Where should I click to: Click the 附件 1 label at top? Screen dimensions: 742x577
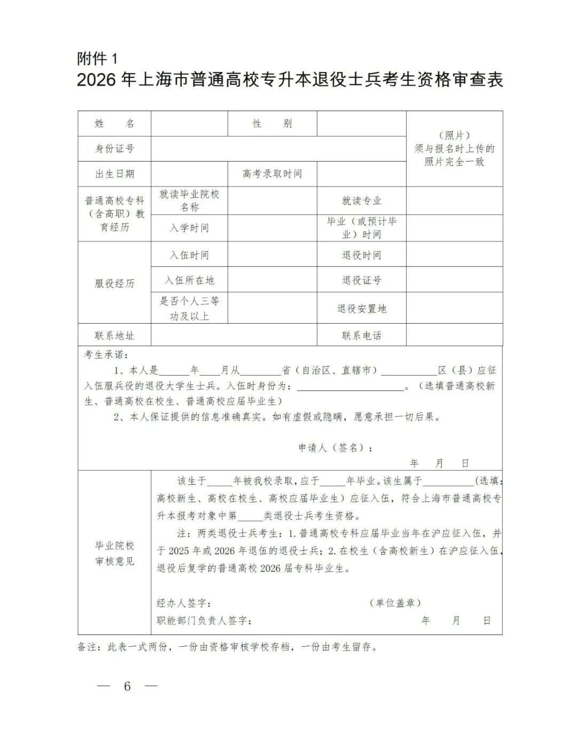(97, 58)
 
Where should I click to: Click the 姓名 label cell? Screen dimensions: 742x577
(114, 124)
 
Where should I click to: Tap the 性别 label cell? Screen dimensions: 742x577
(272, 124)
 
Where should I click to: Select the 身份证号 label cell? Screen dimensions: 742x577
(114, 149)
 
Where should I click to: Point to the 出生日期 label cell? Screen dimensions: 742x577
(114, 174)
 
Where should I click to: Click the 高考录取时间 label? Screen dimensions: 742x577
(272, 174)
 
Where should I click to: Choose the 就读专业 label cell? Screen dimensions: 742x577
(362, 201)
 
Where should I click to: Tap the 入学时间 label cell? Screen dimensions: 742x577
(189, 228)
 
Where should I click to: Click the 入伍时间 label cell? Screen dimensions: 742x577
(189, 255)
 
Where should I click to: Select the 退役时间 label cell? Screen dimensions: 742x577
(362, 255)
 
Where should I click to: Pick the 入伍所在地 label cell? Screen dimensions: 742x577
(189, 280)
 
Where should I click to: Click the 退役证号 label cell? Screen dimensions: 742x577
(362, 280)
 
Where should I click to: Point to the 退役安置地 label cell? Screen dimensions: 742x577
(362, 309)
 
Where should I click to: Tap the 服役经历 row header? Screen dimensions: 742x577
(114, 284)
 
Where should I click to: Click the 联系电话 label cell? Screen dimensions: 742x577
(362, 336)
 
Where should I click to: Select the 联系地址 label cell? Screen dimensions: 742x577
(114, 336)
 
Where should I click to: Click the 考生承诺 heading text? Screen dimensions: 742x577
(106, 355)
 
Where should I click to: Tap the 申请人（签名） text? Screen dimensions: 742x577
(336, 448)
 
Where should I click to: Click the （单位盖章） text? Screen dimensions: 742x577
(395, 603)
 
